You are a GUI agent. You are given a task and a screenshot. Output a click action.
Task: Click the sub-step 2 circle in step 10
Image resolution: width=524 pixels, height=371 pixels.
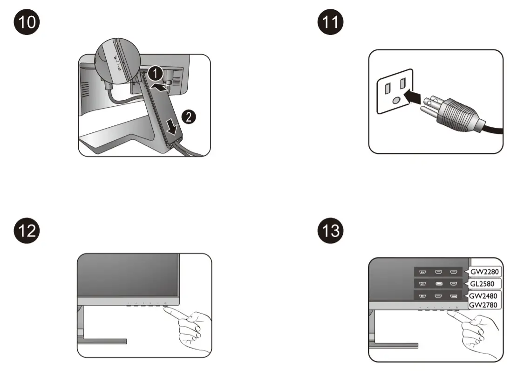[188, 117]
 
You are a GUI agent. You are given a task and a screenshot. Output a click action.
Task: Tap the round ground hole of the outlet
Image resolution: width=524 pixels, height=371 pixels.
[396, 100]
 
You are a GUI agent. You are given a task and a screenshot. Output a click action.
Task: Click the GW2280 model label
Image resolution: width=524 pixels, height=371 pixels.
[485, 271]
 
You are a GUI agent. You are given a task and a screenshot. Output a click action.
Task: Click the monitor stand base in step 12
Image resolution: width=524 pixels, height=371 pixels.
[102, 341]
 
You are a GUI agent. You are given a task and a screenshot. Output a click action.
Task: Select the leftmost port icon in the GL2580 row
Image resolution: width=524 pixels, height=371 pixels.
[422, 283]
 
